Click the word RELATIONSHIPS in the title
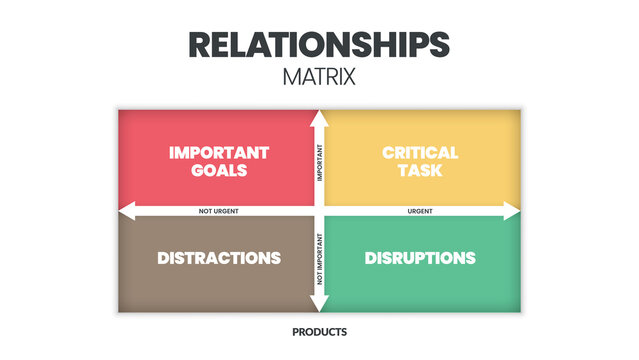tap(319, 44)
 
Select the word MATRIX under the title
tap(319, 76)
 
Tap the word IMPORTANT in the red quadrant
tap(219, 153)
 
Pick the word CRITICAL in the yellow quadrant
tap(420, 153)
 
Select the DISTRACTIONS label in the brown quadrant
tap(219, 258)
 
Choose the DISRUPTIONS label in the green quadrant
tap(420, 258)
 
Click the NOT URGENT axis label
tap(219, 211)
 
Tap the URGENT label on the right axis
tap(420, 211)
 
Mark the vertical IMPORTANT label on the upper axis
tap(320, 162)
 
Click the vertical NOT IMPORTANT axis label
tap(320, 258)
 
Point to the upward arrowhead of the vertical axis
tap(319, 116)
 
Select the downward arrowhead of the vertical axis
tap(319, 306)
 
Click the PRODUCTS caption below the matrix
tap(319, 332)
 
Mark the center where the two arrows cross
tap(319, 211)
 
